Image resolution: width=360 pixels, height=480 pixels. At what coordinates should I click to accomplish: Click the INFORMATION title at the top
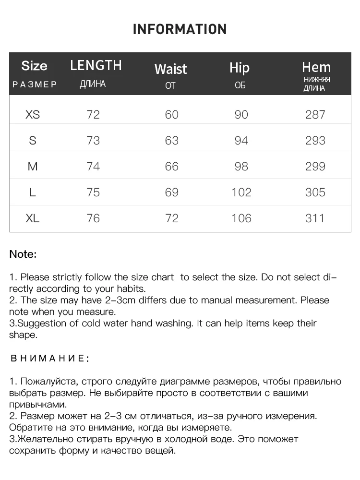180,29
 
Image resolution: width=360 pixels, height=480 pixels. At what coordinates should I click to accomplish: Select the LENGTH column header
96,65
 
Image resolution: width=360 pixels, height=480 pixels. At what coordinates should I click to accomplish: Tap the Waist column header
170,69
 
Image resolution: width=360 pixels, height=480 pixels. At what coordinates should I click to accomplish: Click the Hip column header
240,68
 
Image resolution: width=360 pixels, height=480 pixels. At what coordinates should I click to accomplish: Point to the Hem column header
316,67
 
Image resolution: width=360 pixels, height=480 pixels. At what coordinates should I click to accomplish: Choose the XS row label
33,115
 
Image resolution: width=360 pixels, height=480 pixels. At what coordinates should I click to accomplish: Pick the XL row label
33,218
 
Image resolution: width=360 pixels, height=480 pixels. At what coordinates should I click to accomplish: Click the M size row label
33,167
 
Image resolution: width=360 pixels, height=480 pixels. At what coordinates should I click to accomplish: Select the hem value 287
315,115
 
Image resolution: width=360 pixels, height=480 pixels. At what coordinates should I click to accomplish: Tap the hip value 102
241,192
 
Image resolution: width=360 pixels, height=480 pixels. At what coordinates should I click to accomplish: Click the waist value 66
171,167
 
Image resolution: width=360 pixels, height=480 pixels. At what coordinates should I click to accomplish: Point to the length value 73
93,141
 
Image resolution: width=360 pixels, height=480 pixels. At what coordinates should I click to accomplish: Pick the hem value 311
315,218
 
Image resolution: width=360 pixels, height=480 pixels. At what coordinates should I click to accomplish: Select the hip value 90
241,115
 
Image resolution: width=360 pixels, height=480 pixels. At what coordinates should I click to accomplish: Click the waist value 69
171,192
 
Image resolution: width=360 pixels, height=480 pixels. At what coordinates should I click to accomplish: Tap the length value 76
93,218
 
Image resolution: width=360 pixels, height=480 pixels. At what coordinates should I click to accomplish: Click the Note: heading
23,254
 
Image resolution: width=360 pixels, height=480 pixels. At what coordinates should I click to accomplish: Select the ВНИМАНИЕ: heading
49,358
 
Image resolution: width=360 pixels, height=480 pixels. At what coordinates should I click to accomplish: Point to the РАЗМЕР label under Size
34,84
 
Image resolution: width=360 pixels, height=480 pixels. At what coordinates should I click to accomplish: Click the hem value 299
315,167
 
